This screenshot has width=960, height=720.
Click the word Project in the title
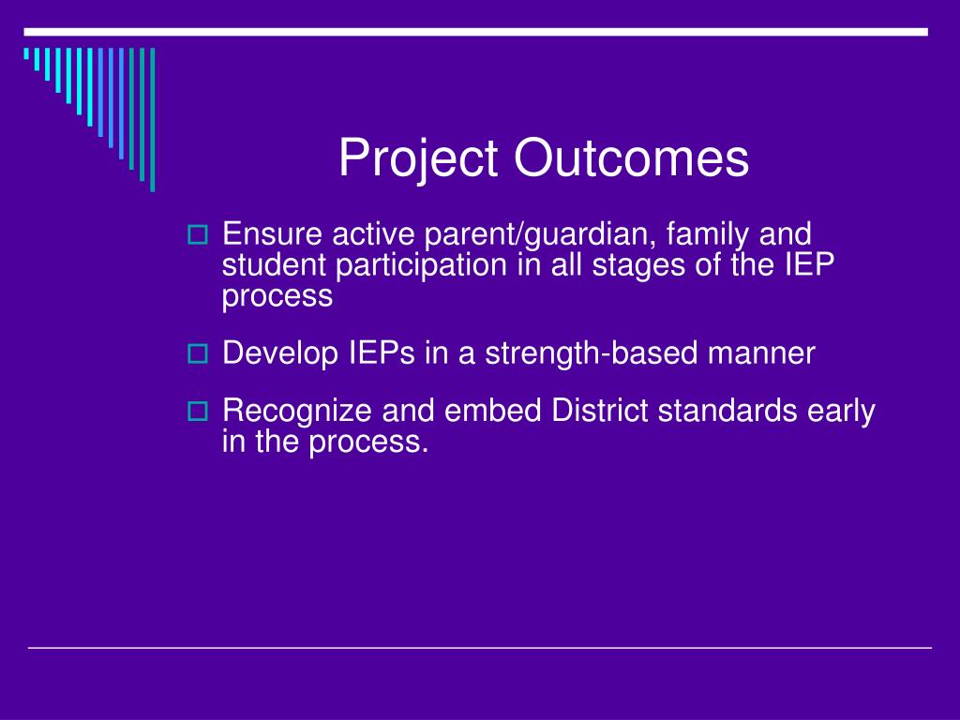[x=417, y=158]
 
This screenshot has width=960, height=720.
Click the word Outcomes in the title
[x=631, y=157]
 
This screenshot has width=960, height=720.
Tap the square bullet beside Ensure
[x=197, y=235]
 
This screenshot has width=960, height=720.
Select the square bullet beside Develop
[x=197, y=353]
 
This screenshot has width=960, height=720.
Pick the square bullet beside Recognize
[x=197, y=411]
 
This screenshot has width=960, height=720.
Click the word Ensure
[x=272, y=233]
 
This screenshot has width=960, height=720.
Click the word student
[x=274, y=265]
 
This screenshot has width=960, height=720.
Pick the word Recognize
[x=297, y=412]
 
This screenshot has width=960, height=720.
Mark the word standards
[x=727, y=411]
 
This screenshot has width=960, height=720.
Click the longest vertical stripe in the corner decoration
[x=153, y=120]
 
